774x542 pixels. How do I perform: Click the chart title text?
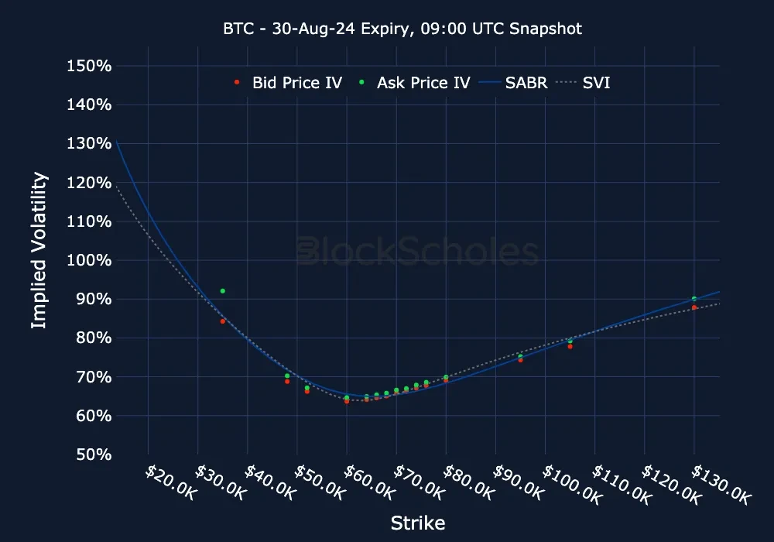pyautogui.click(x=402, y=29)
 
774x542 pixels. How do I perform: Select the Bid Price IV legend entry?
pyautogui.click(x=289, y=82)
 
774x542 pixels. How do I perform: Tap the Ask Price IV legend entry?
pyautogui.click(x=415, y=82)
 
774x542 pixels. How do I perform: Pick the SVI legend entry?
pyautogui.click(x=587, y=82)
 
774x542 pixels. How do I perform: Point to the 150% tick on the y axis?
pyautogui.click(x=90, y=66)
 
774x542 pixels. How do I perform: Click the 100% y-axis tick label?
pyautogui.click(x=90, y=260)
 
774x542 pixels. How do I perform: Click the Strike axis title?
pyautogui.click(x=418, y=523)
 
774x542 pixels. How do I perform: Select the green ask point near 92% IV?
pyautogui.click(x=223, y=291)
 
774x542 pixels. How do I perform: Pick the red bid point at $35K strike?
pyautogui.click(x=223, y=321)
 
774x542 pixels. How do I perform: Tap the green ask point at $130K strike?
pyautogui.click(x=694, y=299)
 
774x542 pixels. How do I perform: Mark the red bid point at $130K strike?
pyautogui.click(x=694, y=307)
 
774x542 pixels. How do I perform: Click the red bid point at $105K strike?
pyautogui.click(x=570, y=347)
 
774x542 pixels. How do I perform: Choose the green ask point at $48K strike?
pyautogui.click(x=287, y=376)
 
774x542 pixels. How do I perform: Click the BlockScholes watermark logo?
pyautogui.click(x=418, y=252)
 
